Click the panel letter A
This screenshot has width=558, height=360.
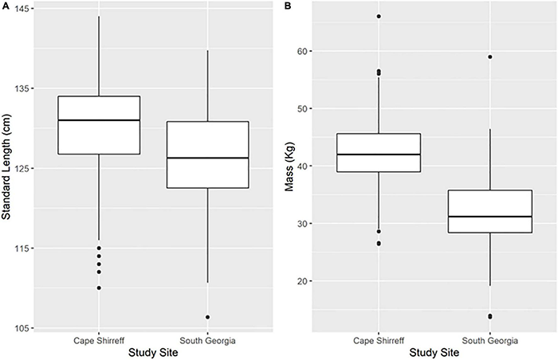[5, 6]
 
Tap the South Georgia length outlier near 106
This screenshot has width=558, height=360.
[207, 317]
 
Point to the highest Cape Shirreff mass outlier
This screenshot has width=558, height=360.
[379, 16]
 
